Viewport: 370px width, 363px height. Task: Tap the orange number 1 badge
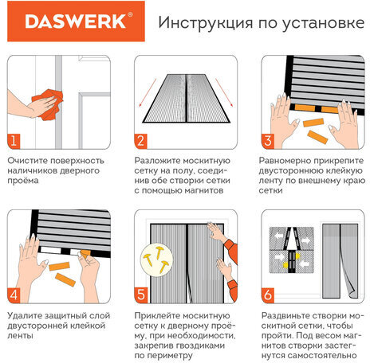pyautogui.click(x=14, y=142)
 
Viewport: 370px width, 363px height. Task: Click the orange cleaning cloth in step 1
pyautogui.click(x=47, y=103)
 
